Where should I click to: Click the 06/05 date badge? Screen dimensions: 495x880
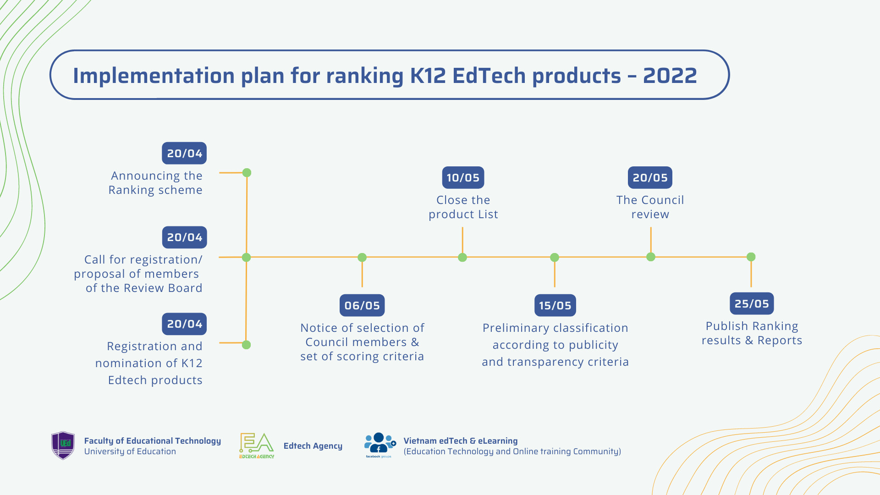click(362, 305)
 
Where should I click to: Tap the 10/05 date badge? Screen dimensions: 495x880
click(463, 177)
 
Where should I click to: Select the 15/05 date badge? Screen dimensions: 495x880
click(555, 305)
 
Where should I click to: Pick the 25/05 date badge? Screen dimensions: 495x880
click(752, 303)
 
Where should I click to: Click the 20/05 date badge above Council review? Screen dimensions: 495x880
click(650, 177)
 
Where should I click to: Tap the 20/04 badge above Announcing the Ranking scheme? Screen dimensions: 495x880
click(184, 153)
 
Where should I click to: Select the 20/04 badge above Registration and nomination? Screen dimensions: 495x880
click(184, 324)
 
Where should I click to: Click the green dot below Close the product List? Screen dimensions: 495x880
click(462, 258)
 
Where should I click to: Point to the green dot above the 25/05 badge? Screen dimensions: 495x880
click(751, 257)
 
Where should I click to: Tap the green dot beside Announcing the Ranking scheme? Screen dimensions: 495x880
click(247, 173)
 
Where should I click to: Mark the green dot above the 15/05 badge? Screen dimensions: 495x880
click(555, 258)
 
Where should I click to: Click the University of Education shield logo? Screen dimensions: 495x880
click(63, 445)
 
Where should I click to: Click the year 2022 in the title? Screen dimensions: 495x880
click(670, 76)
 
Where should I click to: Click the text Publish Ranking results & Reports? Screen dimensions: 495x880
click(752, 333)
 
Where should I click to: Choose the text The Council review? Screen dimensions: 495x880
click(650, 207)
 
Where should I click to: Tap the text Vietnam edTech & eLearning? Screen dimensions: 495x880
click(460, 440)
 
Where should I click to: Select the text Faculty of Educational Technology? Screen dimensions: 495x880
click(152, 440)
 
